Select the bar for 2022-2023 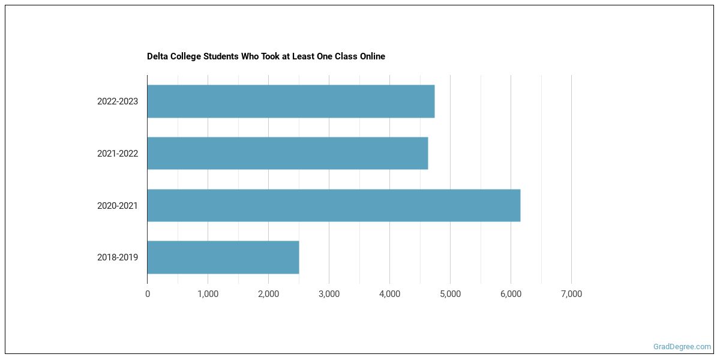291,101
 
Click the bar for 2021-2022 287,153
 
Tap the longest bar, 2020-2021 334,205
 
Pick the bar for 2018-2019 223,257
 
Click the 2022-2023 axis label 118,101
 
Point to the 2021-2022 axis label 118,154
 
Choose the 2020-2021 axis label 118,206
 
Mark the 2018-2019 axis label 118,257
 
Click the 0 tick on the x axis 148,294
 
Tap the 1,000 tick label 208,294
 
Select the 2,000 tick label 268,294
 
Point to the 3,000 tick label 329,294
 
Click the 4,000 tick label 389,294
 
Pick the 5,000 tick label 450,294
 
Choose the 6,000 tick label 511,294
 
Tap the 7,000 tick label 571,294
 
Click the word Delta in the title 158,56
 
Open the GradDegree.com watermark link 682,347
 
